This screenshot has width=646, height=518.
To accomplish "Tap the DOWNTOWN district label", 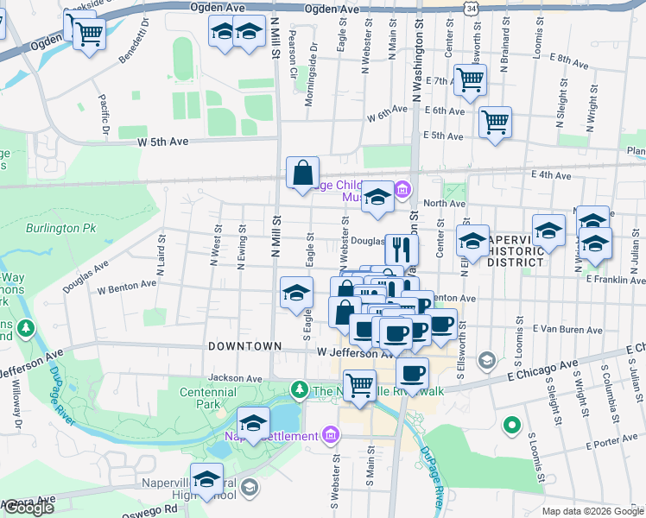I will (x=244, y=345).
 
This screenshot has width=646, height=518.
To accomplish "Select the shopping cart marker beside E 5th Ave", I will (x=495, y=123).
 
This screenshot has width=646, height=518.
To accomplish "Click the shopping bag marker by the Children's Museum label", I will (x=302, y=172).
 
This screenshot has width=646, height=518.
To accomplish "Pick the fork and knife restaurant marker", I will (x=401, y=250).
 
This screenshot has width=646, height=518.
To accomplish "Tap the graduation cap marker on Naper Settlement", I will (x=252, y=423).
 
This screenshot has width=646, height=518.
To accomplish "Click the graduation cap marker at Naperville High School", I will (x=206, y=479).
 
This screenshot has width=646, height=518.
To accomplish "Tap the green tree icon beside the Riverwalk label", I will (x=299, y=390).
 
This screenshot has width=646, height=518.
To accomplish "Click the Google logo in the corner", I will (x=28, y=508).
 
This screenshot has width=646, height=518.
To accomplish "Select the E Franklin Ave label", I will (x=615, y=279).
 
